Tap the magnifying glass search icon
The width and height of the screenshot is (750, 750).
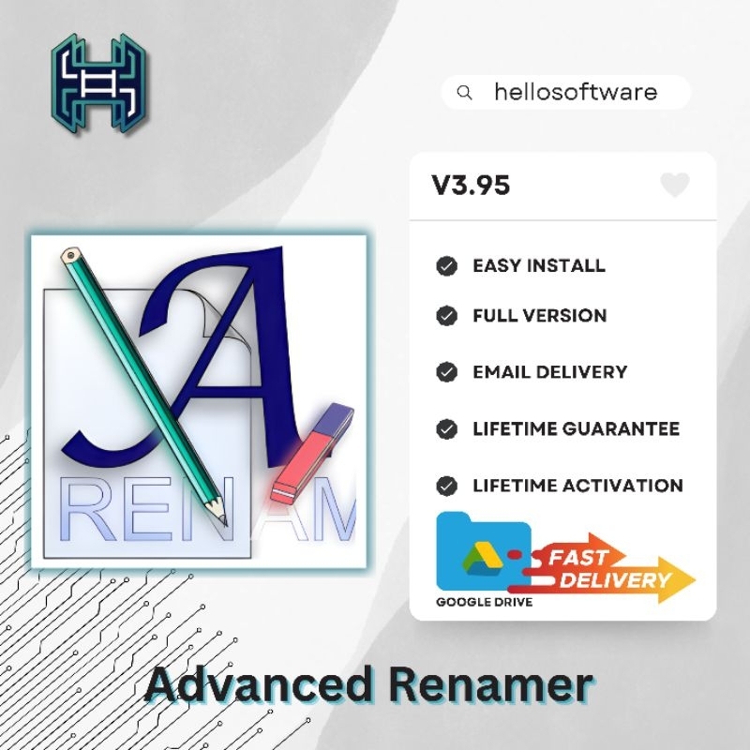tap(464, 93)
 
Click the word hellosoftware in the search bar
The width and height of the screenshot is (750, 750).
tap(576, 92)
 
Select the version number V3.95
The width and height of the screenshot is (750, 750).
tap(471, 185)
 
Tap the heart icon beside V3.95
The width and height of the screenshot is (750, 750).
tap(674, 185)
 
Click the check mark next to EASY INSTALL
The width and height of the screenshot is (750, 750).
tap(447, 266)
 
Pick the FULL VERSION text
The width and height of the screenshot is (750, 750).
tap(539, 316)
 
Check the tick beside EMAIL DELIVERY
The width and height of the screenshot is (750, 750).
tap(447, 372)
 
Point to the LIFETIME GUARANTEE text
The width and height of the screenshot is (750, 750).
tap(576, 429)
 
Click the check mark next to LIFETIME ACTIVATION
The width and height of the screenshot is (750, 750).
tap(447, 486)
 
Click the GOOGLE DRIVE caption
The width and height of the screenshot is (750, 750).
tap(484, 602)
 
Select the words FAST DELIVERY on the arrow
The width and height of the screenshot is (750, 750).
tap(606, 569)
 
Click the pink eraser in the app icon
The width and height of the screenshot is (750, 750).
tap(310, 455)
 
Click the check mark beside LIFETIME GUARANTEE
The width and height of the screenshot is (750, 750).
tap(447, 429)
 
